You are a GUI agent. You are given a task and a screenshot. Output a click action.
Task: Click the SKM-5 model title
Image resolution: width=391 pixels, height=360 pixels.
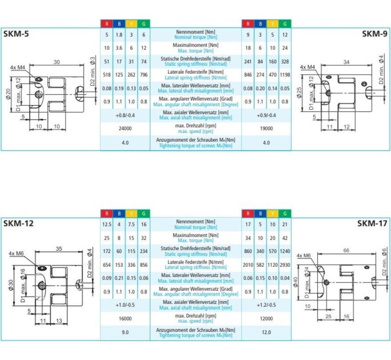coord(17,33)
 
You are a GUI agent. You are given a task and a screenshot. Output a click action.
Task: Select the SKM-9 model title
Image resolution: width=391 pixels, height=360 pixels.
coord(374,33)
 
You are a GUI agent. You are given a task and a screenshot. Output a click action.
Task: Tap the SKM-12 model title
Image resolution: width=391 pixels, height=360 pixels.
coord(18,223)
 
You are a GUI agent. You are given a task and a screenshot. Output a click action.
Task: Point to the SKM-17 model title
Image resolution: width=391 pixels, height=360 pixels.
coord(372,223)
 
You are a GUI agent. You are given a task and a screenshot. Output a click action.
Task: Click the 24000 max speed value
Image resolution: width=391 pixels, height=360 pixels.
coord(125,129)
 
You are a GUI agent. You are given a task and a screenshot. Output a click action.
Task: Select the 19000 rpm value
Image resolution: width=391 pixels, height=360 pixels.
coord(266,129)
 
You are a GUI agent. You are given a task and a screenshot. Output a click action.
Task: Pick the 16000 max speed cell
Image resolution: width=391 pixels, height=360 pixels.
coord(125,319)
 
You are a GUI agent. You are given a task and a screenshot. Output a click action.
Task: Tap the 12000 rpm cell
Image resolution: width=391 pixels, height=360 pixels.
coord(266,319)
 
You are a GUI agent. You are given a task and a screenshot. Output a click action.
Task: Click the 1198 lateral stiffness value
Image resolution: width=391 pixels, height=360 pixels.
coord(285,75)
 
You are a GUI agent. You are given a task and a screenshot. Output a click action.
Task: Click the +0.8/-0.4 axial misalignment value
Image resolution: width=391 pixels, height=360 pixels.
coord(125,115)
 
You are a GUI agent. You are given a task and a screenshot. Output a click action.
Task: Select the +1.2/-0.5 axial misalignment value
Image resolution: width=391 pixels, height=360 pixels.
coord(266,305)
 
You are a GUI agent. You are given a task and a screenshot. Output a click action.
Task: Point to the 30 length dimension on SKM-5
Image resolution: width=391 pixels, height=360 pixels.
coord(57,62)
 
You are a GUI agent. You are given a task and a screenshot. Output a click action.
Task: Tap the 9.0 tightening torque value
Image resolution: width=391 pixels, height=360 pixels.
coord(125,332)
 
